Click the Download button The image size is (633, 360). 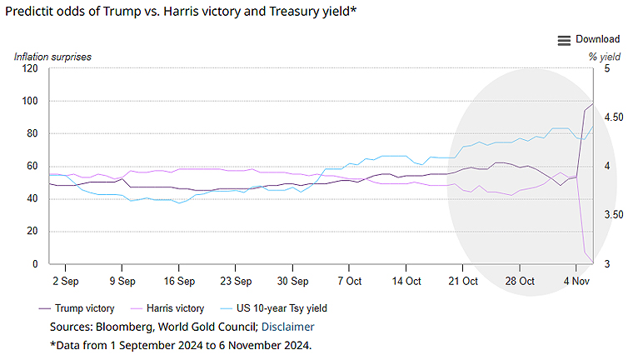pyautogui.click(x=597, y=39)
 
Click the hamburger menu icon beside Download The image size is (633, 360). pyautogui.click(x=564, y=40)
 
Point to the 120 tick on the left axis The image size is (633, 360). pyautogui.click(x=30, y=68)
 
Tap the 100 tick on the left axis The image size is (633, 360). pyautogui.click(x=30, y=101)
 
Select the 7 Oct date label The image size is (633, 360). pyautogui.click(x=349, y=281)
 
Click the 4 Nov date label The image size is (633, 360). pyautogui.click(x=577, y=281)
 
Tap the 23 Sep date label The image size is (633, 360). pyautogui.click(x=237, y=281)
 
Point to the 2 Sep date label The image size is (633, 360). pyautogui.click(x=66, y=281)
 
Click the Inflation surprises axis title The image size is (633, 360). pyautogui.click(x=52, y=57)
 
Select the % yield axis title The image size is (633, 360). pyautogui.click(x=605, y=57)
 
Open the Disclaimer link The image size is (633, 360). pyautogui.click(x=288, y=327)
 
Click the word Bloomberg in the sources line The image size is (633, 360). pyautogui.click(x=122, y=327)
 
